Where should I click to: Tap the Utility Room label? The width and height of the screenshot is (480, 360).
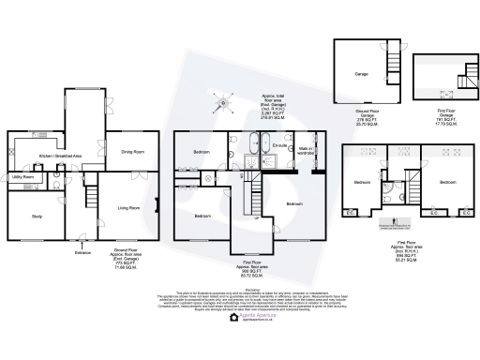tap(23, 177)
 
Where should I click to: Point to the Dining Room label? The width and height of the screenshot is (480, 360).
tap(132, 151)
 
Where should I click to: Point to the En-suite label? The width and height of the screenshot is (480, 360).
tap(279, 146)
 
